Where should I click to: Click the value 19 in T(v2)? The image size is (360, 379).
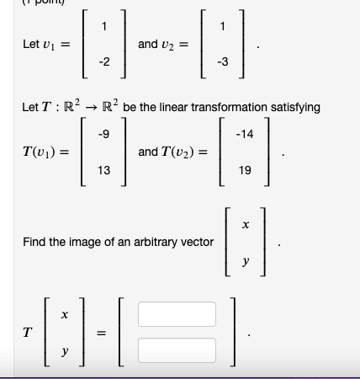pyautogui.click(x=245, y=170)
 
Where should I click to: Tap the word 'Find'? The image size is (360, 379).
pyautogui.click(x=34, y=242)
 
